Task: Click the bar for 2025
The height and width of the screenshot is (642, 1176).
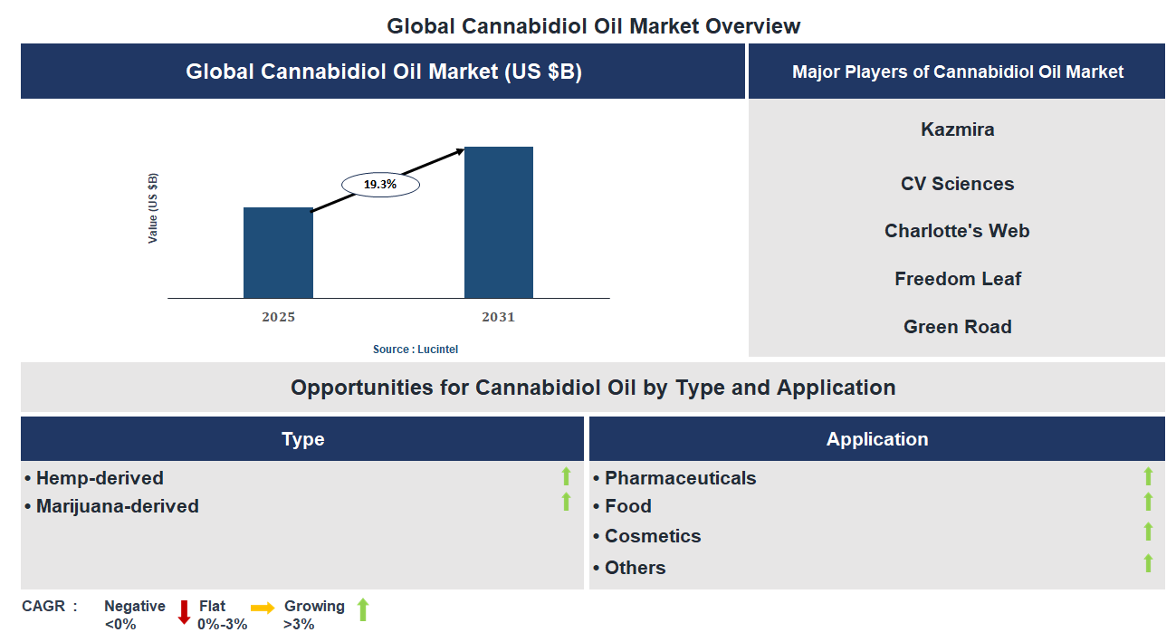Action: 278,253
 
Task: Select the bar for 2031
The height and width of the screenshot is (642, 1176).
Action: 498,223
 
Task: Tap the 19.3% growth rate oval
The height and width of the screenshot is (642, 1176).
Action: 380,185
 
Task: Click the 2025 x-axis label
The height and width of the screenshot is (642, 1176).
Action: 278,317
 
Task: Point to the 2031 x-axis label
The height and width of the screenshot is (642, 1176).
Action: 498,317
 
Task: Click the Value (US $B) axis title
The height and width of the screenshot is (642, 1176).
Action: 153,208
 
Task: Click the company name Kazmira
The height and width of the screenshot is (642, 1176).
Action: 957,129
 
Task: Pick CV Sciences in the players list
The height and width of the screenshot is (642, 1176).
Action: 957,184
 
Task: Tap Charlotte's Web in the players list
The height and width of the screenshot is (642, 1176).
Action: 957,231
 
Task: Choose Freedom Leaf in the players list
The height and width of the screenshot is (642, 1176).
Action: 957,279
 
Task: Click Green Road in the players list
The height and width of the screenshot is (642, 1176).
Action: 957,327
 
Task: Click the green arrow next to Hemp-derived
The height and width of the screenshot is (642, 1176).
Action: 567,476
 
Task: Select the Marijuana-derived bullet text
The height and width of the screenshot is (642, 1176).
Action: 117,506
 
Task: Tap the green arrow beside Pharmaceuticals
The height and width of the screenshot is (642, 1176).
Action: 1148,476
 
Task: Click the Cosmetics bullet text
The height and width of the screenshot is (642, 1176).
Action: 652,536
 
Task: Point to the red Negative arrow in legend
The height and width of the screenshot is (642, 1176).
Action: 184,612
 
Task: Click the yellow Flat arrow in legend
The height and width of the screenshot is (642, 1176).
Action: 263,608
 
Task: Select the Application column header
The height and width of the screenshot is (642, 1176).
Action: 876,439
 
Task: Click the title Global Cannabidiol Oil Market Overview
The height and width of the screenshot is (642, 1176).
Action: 593,25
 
